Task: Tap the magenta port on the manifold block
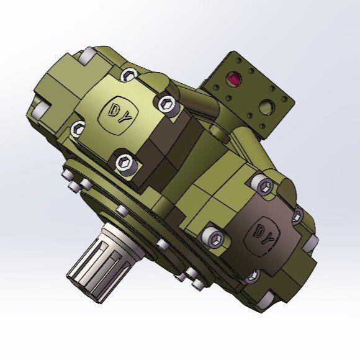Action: [x=233, y=78]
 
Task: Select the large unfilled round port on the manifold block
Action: [x=267, y=107]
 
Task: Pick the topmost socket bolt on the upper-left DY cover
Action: [x=129, y=74]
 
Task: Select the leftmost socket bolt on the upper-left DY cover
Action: [x=78, y=129]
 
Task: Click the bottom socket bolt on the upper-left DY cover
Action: [x=125, y=163]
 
